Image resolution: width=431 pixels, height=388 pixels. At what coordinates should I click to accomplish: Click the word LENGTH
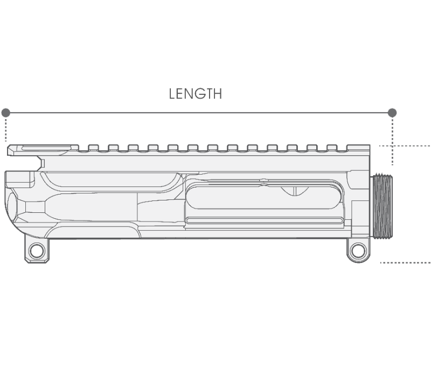pyautogui.click(x=196, y=94)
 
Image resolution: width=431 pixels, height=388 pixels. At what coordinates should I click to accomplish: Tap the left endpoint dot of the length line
pyautogui.click(x=6, y=113)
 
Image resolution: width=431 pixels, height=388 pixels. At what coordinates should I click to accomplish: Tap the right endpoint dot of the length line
pyautogui.click(x=392, y=113)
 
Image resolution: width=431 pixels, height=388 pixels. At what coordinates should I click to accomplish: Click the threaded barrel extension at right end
pyautogui.click(x=383, y=206)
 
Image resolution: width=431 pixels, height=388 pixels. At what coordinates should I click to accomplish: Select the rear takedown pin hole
pyautogui.click(x=37, y=251)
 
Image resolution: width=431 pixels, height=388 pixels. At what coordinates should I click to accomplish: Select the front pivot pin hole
pyautogui.click(x=358, y=251)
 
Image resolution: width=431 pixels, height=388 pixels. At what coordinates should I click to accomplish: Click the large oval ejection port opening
pyautogui.click(x=263, y=197)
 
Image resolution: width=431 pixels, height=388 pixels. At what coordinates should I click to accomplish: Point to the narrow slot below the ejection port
pyautogui.click(x=265, y=220)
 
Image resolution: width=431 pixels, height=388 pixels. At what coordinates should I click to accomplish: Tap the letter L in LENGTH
pyautogui.click(x=172, y=94)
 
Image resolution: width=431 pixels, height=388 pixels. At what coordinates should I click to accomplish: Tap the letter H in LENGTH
pyautogui.click(x=218, y=94)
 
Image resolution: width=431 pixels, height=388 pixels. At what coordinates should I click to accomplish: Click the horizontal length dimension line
pyautogui.click(x=199, y=113)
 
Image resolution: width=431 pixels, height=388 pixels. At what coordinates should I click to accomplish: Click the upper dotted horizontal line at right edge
pyautogui.click(x=405, y=145)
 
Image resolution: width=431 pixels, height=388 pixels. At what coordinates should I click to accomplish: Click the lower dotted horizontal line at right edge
pyautogui.click(x=405, y=263)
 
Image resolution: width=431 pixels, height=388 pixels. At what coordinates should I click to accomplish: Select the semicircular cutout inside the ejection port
pyautogui.click(x=295, y=191)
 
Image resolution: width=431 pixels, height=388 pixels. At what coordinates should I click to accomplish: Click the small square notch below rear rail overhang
pyautogui.click(x=42, y=163)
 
